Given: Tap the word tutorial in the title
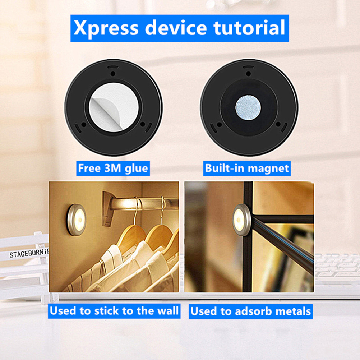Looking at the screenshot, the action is (x=249, y=28).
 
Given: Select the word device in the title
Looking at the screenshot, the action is (x=176, y=28).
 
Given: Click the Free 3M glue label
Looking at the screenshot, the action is (x=113, y=168).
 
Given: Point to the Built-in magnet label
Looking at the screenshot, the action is (x=247, y=168).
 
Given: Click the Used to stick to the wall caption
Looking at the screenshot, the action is (x=114, y=311).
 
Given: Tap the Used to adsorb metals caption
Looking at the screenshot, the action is (x=251, y=311).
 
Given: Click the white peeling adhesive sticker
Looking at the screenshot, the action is (x=114, y=107).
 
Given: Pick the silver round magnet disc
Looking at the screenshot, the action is (x=248, y=108).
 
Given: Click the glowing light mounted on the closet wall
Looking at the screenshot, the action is (x=77, y=220).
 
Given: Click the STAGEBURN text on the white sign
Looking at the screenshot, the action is (x=29, y=253).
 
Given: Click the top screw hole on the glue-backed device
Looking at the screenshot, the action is (x=113, y=74).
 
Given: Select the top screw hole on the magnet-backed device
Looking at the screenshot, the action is (x=248, y=74).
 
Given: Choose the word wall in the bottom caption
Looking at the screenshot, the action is (x=168, y=311).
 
